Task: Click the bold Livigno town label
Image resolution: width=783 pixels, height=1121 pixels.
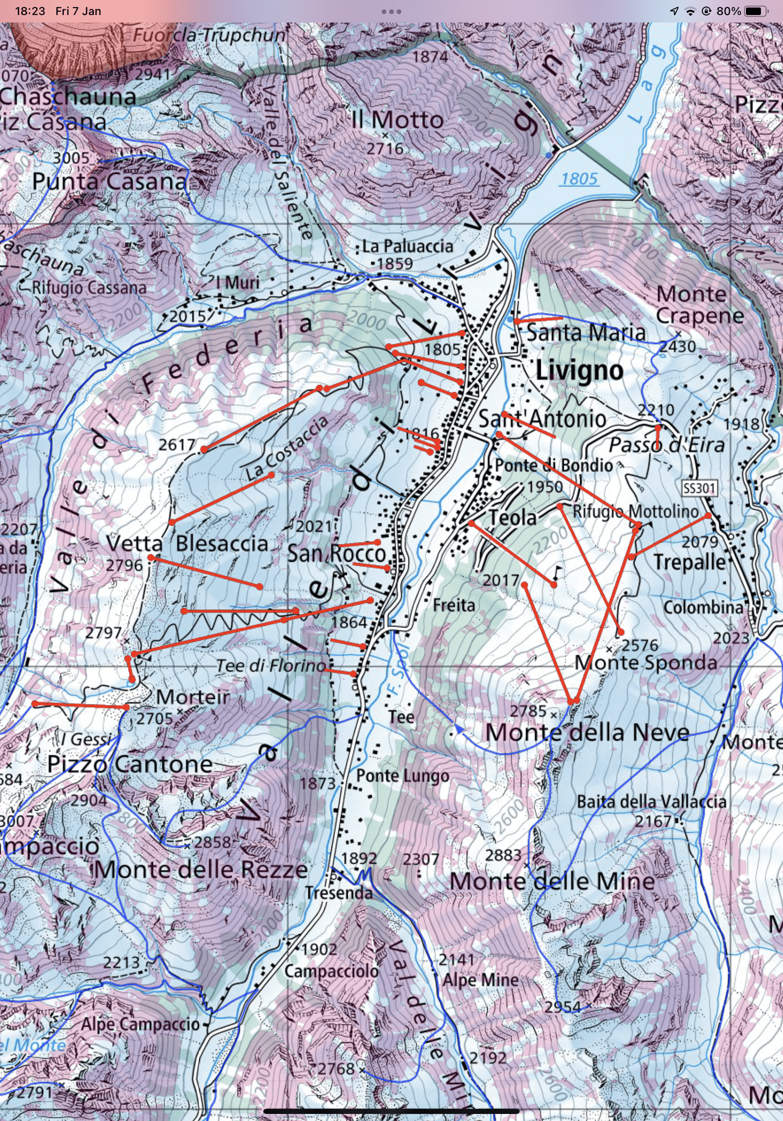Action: pyautogui.click(x=579, y=370)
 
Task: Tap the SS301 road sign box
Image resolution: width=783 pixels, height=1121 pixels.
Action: pyautogui.click(x=699, y=488)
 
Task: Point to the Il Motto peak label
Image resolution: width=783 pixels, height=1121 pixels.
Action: pyautogui.click(x=397, y=120)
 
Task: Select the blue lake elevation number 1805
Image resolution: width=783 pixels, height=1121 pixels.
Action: pyautogui.click(x=579, y=179)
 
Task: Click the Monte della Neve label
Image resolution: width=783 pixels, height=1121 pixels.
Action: pyautogui.click(x=587, y=732)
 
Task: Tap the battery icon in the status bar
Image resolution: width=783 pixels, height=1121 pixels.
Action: pyautogui.click(x=756, y=11)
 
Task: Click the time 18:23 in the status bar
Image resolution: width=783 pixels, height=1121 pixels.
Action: pyautogui.click(x=30, y=11)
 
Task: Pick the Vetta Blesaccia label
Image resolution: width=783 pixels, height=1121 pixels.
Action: pyautogui.click(x=187, y=544)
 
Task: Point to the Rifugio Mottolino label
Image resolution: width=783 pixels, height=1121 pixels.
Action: pyautogui.click(x=635, y=511)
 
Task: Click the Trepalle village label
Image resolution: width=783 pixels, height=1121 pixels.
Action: pyautogui.click(x=690, y=562)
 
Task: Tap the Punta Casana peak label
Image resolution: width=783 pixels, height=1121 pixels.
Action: pyautogui.click(x=110, y=182)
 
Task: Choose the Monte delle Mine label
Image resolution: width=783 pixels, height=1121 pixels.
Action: pyautogui.click(x=552, y=881)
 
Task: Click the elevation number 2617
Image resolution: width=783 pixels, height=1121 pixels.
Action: pyautogui.click(x=177, y=445)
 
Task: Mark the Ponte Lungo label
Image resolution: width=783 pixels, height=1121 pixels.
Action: pyautogui.click(x=402, y=775)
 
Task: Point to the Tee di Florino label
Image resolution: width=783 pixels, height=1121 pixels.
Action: pyautogui.click(x=271, y=665)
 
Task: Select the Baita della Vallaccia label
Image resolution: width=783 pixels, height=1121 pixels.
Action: pyautogui.click(x=651, y=802)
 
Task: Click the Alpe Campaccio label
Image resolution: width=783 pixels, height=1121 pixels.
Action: pyautogui.click(x=140, y=1024)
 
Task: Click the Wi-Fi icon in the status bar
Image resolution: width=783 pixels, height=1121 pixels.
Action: pyautogui.click(x=690, y=11)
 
